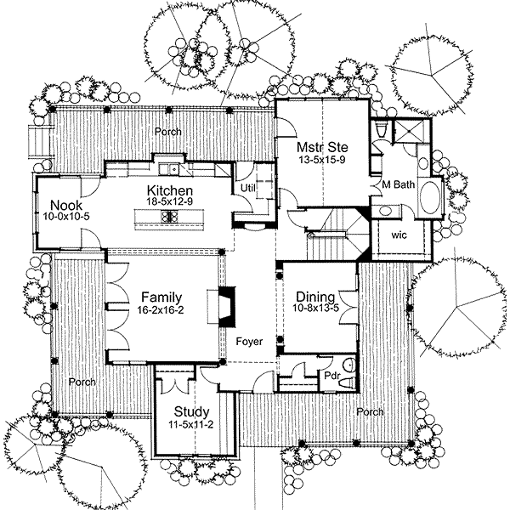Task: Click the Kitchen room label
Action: tap(169, 190)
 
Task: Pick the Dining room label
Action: tap(314, 297)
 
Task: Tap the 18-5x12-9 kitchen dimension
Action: tap(169, 202)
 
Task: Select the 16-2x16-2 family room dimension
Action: tap(160, 310)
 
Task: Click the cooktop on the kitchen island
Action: tap(169, 217)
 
